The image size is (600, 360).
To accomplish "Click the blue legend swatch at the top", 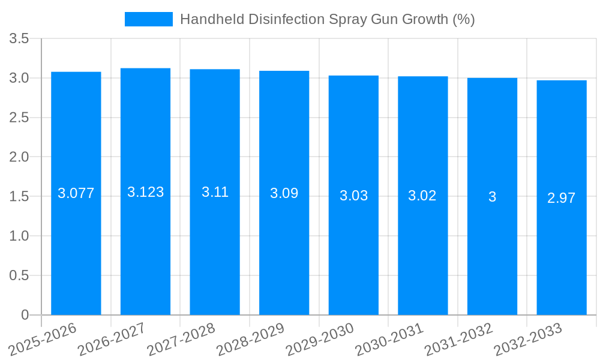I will pos(148,19).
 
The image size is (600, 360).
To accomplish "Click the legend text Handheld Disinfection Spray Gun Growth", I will pos(327,19).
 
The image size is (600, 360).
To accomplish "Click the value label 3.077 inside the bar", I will pos(76,193).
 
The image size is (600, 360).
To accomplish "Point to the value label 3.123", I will pos(145,192).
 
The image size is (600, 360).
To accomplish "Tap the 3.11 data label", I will pos(215,192).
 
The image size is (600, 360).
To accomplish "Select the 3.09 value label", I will pos(284,193).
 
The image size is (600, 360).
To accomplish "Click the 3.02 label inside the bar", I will pos(422,196).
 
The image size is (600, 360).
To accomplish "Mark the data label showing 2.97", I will pos(562,198).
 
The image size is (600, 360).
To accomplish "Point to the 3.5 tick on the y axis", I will pos(19,39).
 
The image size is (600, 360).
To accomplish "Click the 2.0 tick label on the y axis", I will pos(19,157).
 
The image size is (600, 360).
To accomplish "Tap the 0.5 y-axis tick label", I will pos(19,275).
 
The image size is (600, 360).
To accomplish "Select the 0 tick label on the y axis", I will pos(25,315).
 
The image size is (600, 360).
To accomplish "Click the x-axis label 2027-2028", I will pos(181,339).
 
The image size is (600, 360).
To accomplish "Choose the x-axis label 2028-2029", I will pos(250,339).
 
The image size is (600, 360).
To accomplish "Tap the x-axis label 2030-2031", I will pos(389,339).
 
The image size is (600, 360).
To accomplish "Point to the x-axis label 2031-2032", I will pos(458,339).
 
